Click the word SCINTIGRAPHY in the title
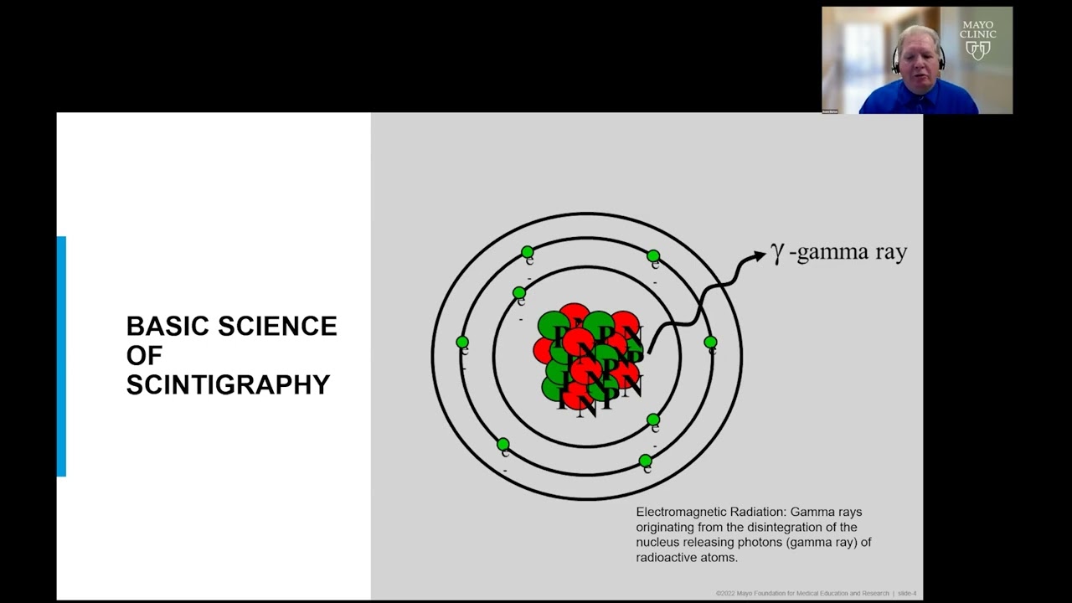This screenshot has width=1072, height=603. pos(228,385)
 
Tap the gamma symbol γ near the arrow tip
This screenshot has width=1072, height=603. pos(778,253)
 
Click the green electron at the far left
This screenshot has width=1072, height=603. pos(462,343)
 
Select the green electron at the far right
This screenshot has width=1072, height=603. pos(710,343)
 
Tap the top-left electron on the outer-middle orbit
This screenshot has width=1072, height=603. pos(527,252)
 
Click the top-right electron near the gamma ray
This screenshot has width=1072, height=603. pos(653,256)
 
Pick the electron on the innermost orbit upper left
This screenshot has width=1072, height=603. pos(519,293)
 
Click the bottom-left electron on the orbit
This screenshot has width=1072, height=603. pos(502,445)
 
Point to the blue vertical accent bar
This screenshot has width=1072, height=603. pos(61,356)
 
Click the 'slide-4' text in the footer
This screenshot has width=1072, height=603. pos(907,594)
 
